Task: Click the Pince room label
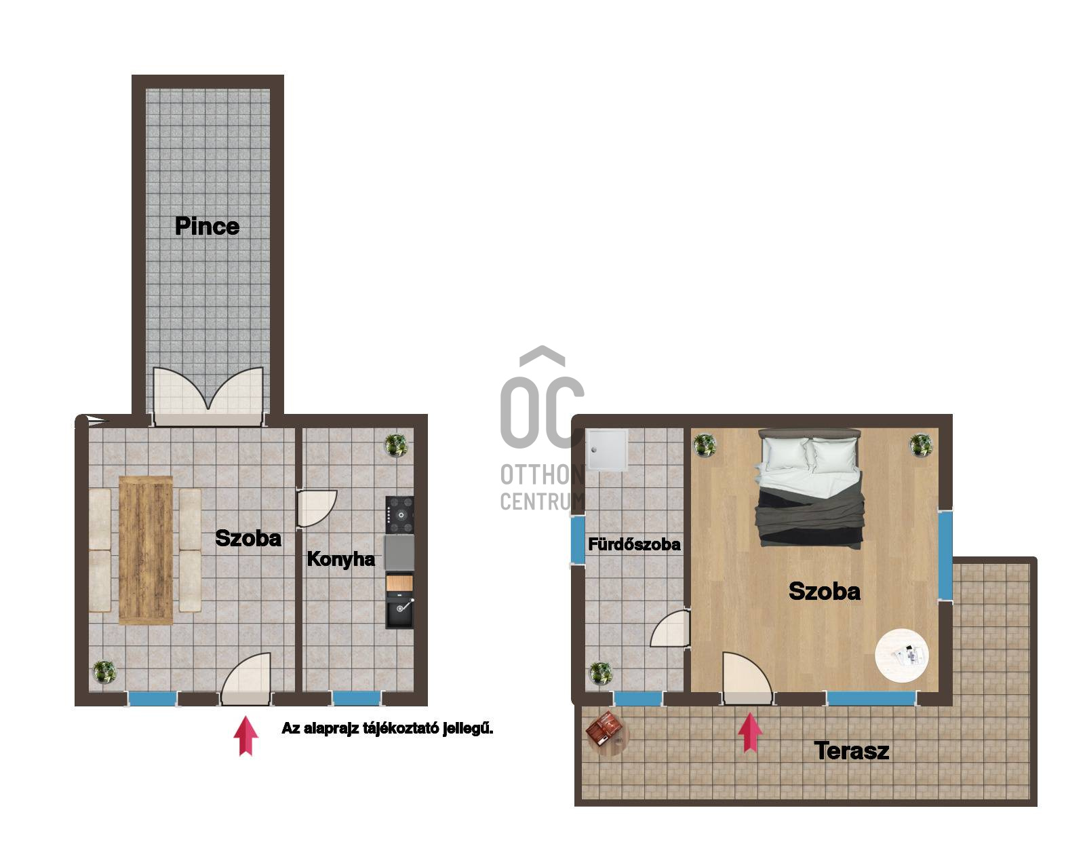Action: [x=208, y=226]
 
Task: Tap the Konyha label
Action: [x=341, y=559]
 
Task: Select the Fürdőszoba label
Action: [x=634, y=544]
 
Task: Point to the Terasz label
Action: [x=852, y=750]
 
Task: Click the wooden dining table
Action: [x=146, y=550]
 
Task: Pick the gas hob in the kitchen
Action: [x=400, y=515]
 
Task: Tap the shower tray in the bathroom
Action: [x=607, y=449]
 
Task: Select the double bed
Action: [x=809, y=488]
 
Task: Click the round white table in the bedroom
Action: [x=902, y=655]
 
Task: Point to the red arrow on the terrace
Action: [x=750, y=733]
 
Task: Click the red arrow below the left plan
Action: [x=246, y=736]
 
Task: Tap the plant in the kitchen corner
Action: [x=396, y=445]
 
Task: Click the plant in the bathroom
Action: [x=601, y=672]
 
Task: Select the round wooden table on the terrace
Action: [x=608, y=734]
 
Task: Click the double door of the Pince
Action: [x=208, y=397]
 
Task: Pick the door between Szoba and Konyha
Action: [x=316, y=508]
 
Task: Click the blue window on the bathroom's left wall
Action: [x=578, y=539]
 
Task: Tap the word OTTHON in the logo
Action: [x=542, y=475]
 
